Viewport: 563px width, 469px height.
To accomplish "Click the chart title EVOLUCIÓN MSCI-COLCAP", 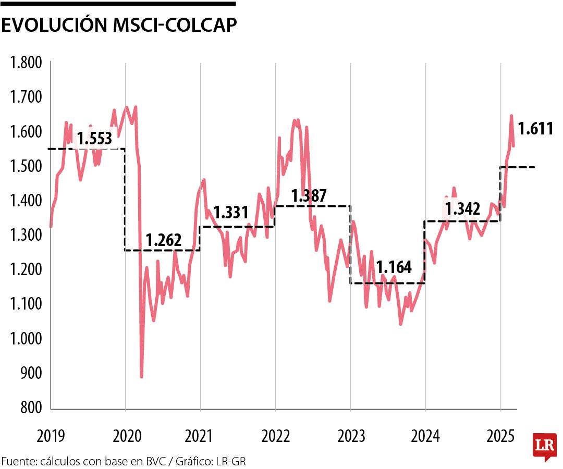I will click(119, 27).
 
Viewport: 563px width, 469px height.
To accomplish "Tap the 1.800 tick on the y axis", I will click(26, 64).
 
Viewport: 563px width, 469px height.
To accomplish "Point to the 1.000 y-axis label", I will click(26, 339).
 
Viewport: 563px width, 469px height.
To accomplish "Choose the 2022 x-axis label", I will click(276, 436).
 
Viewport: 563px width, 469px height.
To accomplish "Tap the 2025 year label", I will click(500, 436).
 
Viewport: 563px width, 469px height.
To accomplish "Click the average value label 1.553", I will click(94, 139).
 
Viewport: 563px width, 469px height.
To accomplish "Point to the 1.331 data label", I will click(231, 213).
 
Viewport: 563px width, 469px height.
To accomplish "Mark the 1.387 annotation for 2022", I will click(309, 196).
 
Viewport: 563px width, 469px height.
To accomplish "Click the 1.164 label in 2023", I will click(394, 268).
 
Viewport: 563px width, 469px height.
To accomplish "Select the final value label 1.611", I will click(535, 129).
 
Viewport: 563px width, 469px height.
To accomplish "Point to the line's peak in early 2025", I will click(511, 116).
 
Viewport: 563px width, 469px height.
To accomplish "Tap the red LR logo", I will click(545, 446).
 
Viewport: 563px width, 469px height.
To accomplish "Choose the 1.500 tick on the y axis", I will click(26, 167).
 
